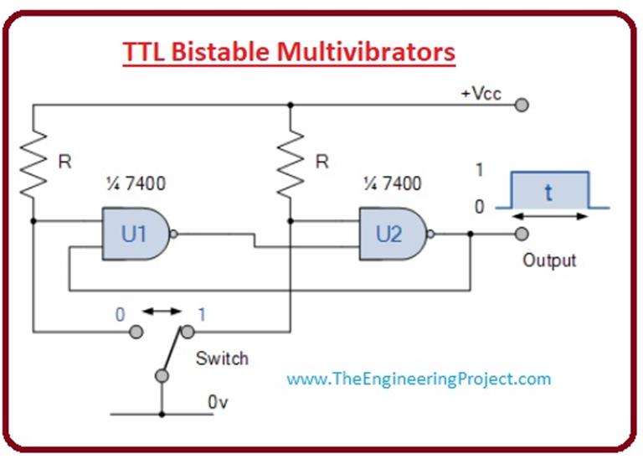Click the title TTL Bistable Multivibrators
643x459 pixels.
289,52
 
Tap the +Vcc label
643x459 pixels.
481,93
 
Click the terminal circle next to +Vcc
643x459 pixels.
522,106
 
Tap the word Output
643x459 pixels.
549,260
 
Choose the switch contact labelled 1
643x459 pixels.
187,333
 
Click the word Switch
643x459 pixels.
222,358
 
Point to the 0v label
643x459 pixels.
218,402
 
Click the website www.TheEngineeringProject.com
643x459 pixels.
419,379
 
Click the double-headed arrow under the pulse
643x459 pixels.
548,217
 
